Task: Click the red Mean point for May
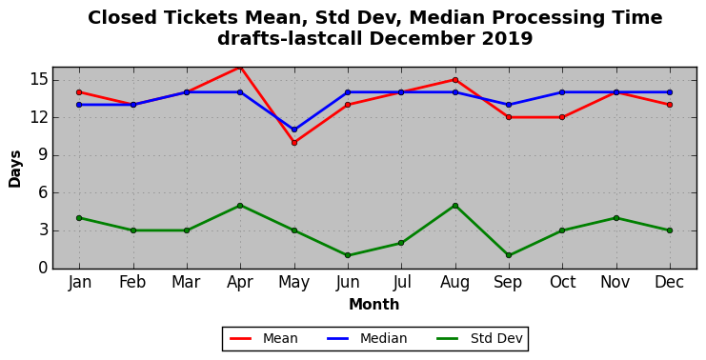click(294, 143)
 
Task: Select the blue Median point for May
click(294, 130)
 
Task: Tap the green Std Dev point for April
click(240, 206)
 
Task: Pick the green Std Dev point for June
click(348, 255)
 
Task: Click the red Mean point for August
click(455, 80)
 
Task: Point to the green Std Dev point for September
click(509, 255)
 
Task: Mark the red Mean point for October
click(562, 117)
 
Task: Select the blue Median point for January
click(79, 105)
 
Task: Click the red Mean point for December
click(670, 105)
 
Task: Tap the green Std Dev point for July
click(401, 243)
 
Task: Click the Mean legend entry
click(264, 338)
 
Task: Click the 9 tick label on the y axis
click(42, 155)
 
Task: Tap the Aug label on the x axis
click(455, 283)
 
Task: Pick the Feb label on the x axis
click(132, 282)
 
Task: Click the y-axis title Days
click(15, 169)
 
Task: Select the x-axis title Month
click(374, 304)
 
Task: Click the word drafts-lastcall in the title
click(290, 39)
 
